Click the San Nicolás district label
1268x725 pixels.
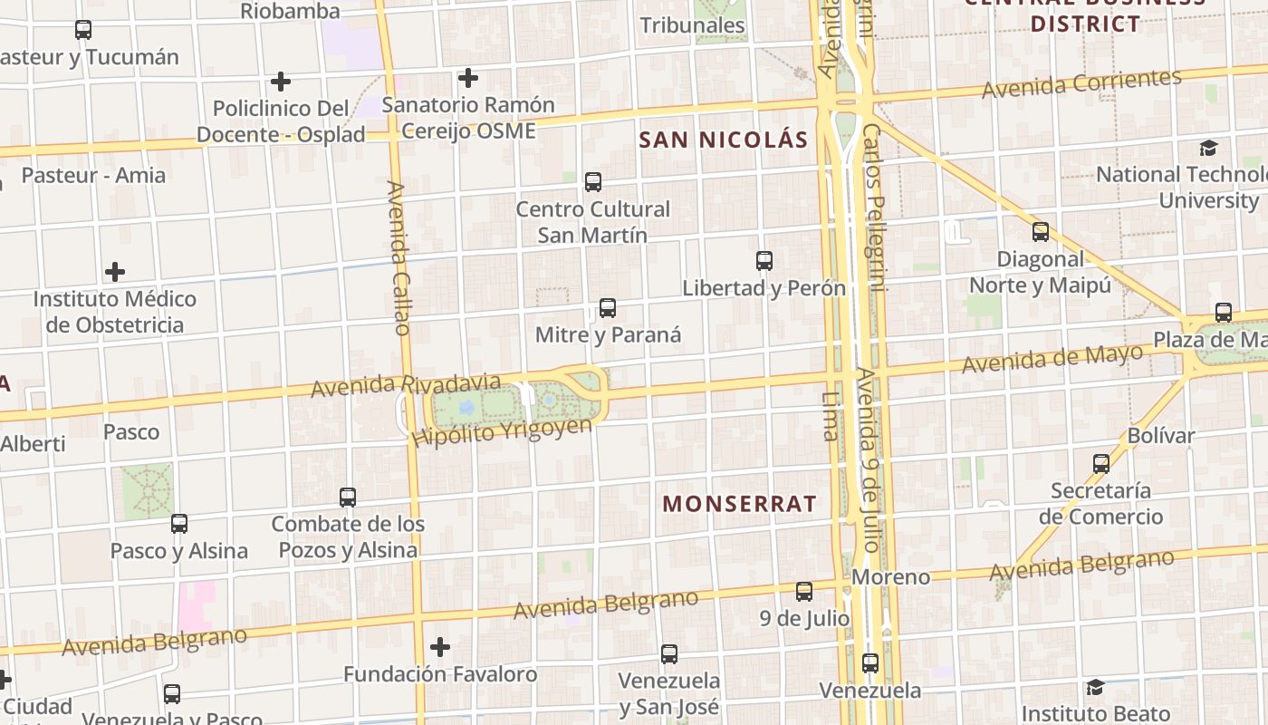(x=723, y=140)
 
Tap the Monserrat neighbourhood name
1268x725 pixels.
(x=739, y=504)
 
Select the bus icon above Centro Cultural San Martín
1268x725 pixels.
(x=593, y=182)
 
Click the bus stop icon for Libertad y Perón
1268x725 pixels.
(x=764, y=261)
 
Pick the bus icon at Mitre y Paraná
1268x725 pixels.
(x=608, y=308)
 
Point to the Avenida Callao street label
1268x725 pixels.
(x=399, y=257)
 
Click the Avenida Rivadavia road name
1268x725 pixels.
(x=405, y=384)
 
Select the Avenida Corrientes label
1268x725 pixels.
(x=1081, y=84)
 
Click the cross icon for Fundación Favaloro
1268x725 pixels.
(x=440, y=647)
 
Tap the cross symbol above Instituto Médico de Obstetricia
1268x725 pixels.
(x=115, y=272)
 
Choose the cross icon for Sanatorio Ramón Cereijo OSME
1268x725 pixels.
(x=468, y=78)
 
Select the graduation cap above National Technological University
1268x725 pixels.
(x=1208, y=148)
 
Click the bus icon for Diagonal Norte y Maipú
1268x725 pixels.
(x=1041, y=232)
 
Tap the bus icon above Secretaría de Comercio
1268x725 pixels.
(x=1101, y=464)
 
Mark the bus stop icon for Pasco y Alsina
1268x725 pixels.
(x=179, y=524)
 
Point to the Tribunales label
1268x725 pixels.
(x=693, y=25)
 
